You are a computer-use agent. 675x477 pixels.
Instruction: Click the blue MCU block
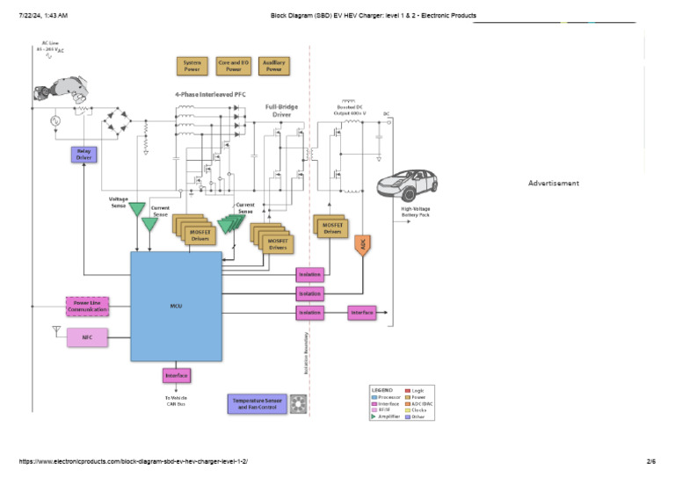click(176, 306)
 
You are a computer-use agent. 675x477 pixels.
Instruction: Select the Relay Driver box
click(83, 155)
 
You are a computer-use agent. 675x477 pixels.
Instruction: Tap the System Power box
click(191, 66)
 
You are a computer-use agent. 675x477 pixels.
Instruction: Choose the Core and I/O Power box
click(234, 66)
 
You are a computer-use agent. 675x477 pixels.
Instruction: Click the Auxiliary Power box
click(273, 66)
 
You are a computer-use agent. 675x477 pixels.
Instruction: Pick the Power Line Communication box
click(88, 307)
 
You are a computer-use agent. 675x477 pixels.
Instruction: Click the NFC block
click(88, 337)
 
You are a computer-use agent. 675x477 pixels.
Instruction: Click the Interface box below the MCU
click(177, 376)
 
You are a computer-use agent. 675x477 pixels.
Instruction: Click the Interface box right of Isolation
click(362, 312)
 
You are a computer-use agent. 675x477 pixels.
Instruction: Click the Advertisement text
click(553, 184)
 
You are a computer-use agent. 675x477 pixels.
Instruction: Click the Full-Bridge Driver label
click(281, 111)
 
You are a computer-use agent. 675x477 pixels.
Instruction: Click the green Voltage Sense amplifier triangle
click(137, 212)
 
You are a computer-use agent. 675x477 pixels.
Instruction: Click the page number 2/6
click(651, 461)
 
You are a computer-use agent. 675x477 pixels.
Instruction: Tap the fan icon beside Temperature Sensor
click(297, 404)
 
